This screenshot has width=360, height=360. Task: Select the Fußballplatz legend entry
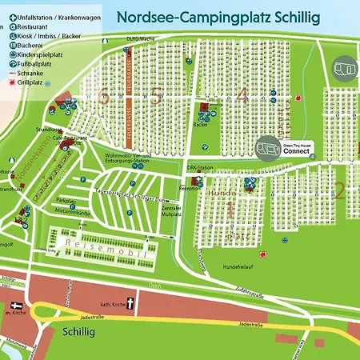tap(39, 64)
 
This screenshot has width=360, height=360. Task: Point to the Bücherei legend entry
tap(33, 45)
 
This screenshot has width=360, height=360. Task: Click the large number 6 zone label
tap(102, 97)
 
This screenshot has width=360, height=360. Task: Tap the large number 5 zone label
tap(155, 97)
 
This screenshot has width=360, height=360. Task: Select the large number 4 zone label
tap(242, 97)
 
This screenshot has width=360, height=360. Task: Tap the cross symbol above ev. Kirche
tap(18, 306)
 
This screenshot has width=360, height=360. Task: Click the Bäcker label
tap(202, 126)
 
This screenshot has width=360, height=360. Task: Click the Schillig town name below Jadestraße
tap(79, 330)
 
